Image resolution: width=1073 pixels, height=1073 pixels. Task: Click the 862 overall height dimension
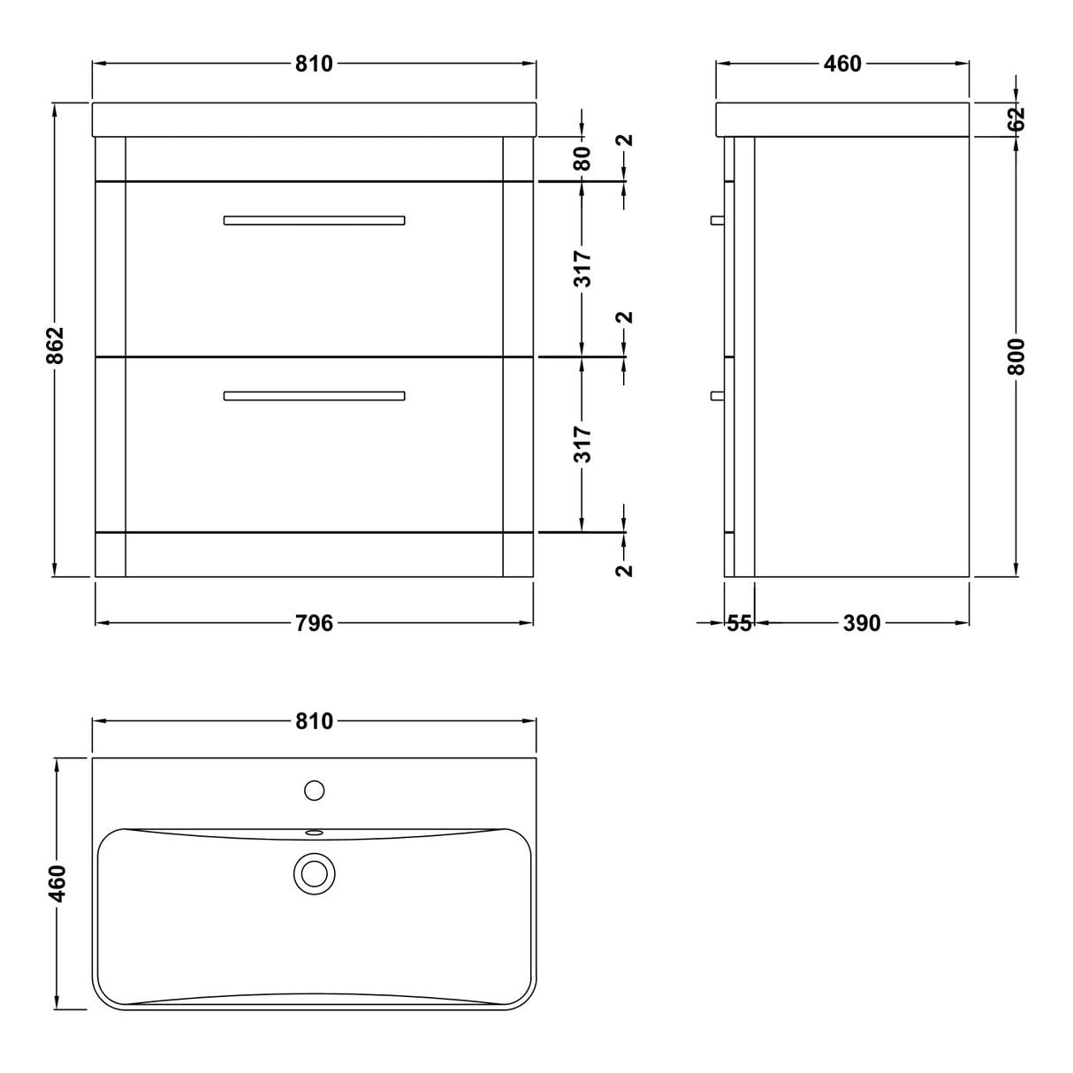click(x=55, y=346)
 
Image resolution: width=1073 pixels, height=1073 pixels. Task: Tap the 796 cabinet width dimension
click(x=314, y=623)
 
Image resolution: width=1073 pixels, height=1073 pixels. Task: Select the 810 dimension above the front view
click(x=314, y=64)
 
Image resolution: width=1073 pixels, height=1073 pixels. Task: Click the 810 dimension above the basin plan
click(x=314, y=721)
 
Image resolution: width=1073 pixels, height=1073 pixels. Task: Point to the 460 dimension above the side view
click(x=842, y=64)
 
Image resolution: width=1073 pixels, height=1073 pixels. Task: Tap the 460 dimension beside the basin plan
click(x=57, y=884)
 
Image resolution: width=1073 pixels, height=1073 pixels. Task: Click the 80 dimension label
click(x=582, y=159)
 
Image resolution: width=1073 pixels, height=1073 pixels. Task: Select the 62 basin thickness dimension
click(x=1016, y=118)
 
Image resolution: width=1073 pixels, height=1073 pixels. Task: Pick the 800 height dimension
click(x=1016, y=356)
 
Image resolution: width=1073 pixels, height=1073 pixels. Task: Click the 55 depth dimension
click(x=740, y=623)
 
